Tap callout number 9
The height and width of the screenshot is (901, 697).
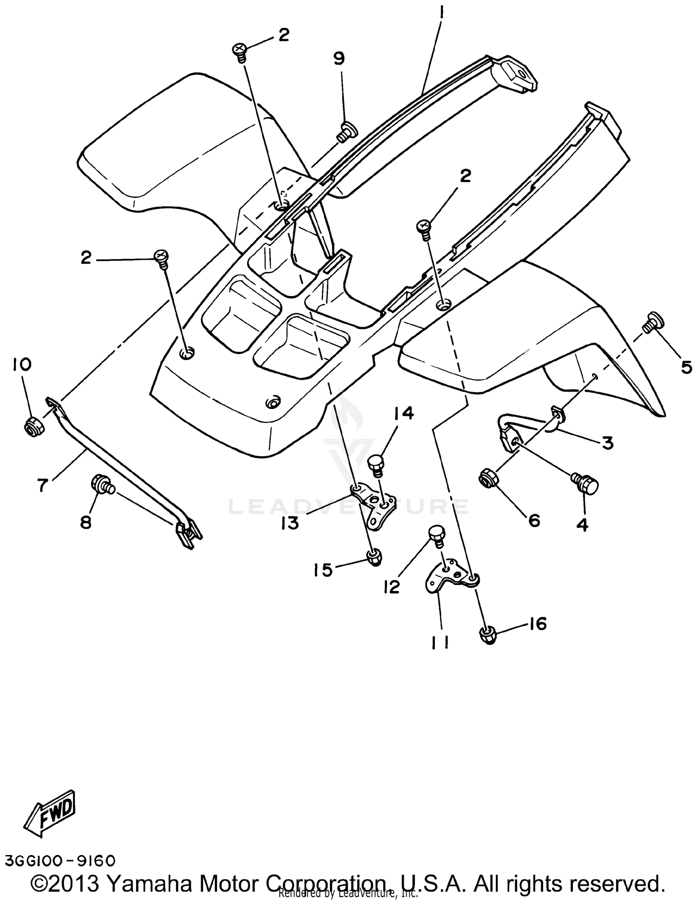(x=339, y=59)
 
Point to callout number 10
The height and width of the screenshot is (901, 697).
(x=22, y=365)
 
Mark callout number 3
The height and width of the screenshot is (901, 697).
(x=607, y=443)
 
